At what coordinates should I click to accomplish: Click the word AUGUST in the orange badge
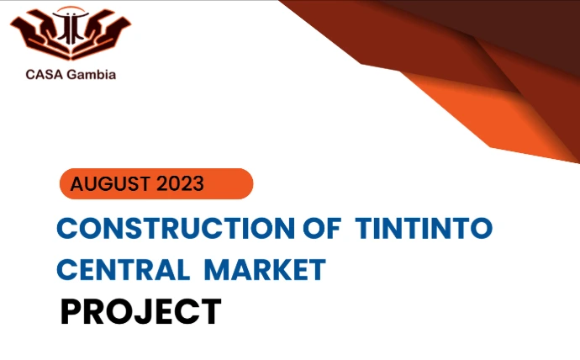pyautogui.click(x=110, y=183)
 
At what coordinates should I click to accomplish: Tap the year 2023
pyautogui.click(x=180, y=183)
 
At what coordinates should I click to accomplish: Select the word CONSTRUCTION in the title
pyautogui.click(x=176, y=228)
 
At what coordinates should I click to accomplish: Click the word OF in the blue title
pyautogui.click(x=321, y=228)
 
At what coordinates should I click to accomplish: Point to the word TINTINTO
pyautogui.click(x=424, y=228)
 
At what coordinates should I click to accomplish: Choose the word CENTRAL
pyautogui.click(x=124, y=270)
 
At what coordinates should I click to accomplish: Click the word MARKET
pyautogui.click(x=265, y=270)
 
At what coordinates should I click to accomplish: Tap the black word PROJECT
pyautogui.click(x=141, y=311)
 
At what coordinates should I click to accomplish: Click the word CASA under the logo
pyautogui.click(x=45, y=74)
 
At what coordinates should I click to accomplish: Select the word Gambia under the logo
pyautogui.click(x=92, y=74)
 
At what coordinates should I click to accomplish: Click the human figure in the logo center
pyautogui.click(x=71, y=27)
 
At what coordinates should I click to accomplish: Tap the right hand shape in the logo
pyautogui.click(x=105, y=31)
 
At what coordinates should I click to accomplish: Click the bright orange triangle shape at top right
pyautogui.click(x=492, y=119)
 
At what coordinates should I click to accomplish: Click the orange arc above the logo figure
pyautogui.click(x=71, y=8)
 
